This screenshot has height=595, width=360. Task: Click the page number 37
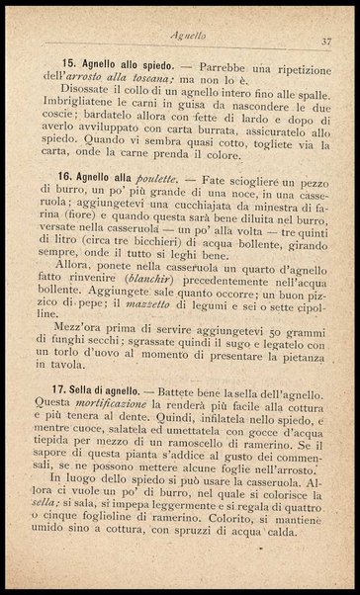coord(325,41)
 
